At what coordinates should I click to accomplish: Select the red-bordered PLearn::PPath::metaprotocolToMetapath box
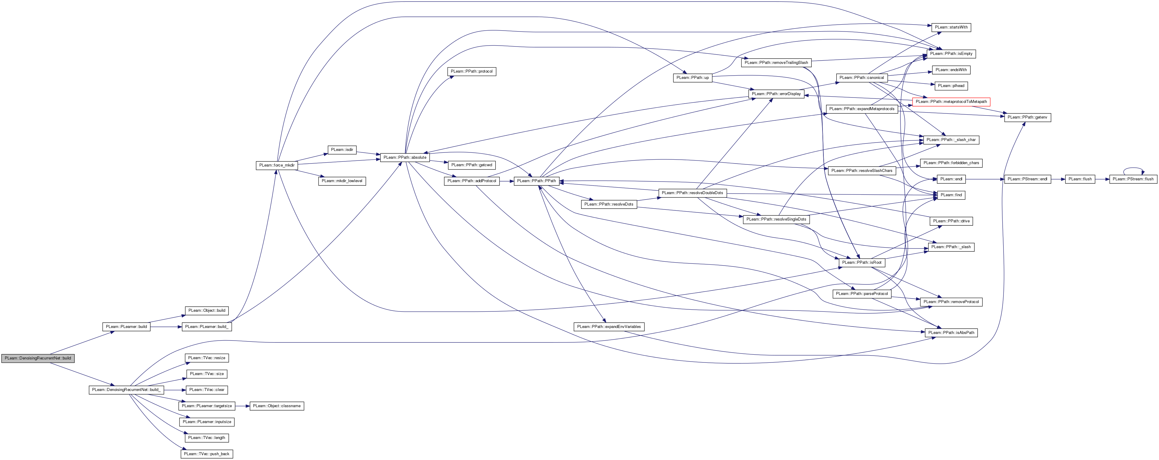(x=951, y=102)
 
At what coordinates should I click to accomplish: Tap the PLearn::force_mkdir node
(x=277, y=165)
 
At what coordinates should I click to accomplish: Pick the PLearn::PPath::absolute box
(x=405, y=157)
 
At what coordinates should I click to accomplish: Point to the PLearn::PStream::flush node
(x=1133, y=179)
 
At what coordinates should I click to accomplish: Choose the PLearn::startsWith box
(x=951, y=27)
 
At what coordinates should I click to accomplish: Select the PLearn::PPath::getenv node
(x=1028, y=117)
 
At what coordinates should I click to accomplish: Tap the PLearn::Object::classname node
(x=277, y=406)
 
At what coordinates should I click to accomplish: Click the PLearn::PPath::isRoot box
(x=862, y=263)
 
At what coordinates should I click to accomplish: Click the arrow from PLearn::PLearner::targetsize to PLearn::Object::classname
(x=242, y=406)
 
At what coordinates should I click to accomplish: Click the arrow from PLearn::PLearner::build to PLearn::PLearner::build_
(x=166, y=327)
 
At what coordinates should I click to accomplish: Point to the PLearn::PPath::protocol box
(x=472, y=71)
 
